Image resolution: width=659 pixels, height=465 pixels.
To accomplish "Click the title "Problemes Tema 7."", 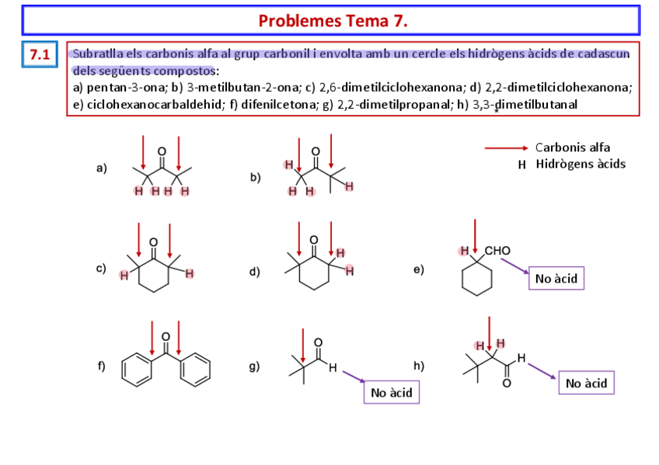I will tap(332, 20).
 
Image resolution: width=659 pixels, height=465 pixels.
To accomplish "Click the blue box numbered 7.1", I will tap(40, 55).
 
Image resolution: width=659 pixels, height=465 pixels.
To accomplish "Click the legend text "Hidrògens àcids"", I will tap(580, 164).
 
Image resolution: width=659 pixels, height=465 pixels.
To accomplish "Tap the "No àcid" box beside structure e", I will tap(556, 277).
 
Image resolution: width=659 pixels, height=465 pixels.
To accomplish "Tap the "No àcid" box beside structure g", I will tap(392, 392).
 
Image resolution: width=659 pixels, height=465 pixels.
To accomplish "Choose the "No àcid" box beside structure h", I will tap(586, 383).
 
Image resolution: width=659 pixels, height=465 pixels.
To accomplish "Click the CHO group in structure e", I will tap(497, 251).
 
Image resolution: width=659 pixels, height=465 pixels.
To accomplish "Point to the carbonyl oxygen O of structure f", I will tap(166, 336).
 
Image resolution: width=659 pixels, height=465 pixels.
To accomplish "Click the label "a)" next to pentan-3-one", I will tap(102, 168).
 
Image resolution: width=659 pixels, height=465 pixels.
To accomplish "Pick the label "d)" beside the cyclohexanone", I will tap(255, 272).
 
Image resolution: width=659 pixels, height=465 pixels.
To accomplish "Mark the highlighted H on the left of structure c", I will tap(123, 275).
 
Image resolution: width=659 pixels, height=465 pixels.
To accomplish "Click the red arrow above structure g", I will tap(302, 344).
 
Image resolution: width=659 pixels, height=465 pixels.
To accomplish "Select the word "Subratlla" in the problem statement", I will tap(96, 54).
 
